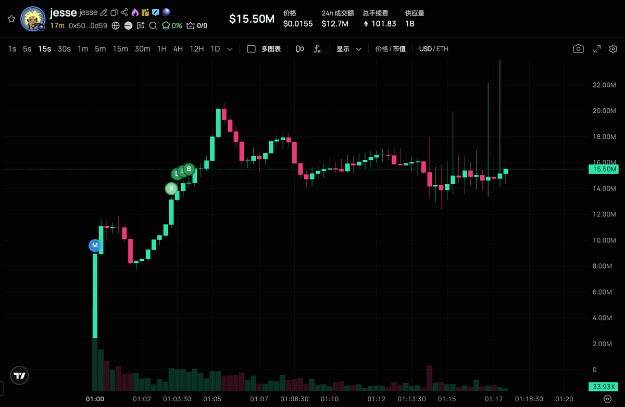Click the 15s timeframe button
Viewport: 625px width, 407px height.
pyautogui.click(x=45, y=49)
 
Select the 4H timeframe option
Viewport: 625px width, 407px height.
pyautogui.click(x=178, y=49)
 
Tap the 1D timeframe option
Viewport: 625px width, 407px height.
pyautogui.click(x=215, y=49)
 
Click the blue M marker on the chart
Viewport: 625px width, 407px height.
pyautogui.click(x=94, y=245)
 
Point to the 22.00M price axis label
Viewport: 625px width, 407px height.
pyautogui.click(x=604, y=85)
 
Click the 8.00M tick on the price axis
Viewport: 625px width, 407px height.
pyautogui.click(x=604, y=266)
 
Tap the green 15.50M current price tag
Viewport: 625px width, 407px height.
pyautogui.click(x=603, y=169)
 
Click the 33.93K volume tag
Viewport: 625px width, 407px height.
pyautogui.click(x=603, y=387)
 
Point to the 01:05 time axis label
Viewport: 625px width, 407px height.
pyautogui.click(x=213, y=399)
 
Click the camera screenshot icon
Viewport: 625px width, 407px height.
pyautogui.click(x=578, y=49)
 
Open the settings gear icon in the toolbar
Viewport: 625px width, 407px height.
pyautogui.click(x=613, y=49)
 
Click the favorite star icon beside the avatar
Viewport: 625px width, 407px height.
pyautogui.click(x=11, y=19)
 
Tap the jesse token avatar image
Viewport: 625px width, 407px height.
pyautogui.click(x=32, y=19)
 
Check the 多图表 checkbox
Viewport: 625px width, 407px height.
pyautogui.click(x=251, y=49)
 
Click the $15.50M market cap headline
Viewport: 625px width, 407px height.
pyautogui.click(x=252, y=19)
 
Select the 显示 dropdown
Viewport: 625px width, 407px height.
pyautogui.click(x=348, y=49)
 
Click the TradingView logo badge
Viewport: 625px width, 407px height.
pyautogui.click(x=20, y=375)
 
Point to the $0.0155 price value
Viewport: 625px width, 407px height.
pyautogui.click(x=298, y=23)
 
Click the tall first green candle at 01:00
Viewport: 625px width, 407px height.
pyautogui.click(x=95, y=297)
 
